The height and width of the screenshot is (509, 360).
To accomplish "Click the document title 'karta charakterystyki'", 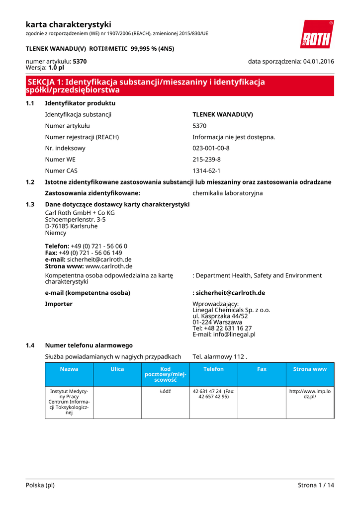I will pos(68,24).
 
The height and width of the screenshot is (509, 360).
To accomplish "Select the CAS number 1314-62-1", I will pos(206,171).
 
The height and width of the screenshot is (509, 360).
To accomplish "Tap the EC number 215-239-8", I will pos(206,160).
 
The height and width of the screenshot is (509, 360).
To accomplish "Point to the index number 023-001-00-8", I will pos(211,148).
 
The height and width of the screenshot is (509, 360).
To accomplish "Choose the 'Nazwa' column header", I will pos(69,369).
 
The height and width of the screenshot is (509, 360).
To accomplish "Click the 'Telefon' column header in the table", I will pos(214,369).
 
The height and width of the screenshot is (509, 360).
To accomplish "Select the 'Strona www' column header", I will pos(310,369).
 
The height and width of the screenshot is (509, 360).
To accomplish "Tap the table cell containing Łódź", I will pos(166,391).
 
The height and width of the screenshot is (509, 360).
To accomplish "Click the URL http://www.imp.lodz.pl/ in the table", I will pos(310,394).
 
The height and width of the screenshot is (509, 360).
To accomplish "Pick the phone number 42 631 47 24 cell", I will pos(214,394).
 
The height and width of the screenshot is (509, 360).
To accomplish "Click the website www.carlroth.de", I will pos(109,266).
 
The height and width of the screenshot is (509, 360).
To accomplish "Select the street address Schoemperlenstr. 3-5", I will pos(75,219).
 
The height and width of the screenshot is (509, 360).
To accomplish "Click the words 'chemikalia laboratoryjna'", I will pos(228,193).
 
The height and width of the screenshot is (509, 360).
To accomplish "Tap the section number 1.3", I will pos(30,204).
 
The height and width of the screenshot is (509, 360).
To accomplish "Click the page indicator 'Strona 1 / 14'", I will pos(316,485).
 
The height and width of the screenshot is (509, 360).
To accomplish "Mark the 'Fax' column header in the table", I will pos(262,369).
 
